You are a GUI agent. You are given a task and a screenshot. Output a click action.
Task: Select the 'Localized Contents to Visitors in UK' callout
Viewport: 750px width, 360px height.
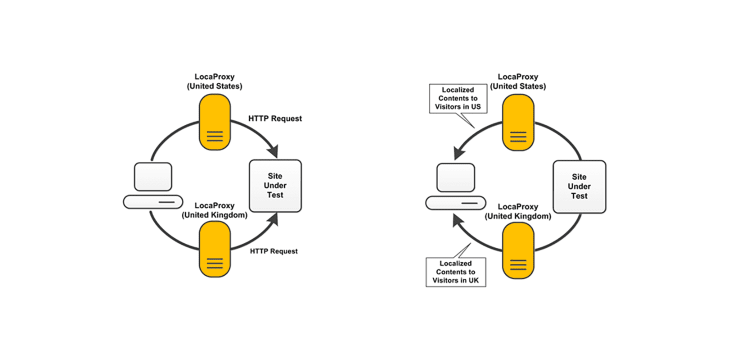click(x=455, y=271)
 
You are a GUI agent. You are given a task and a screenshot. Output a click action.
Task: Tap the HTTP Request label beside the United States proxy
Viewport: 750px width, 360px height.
click(x=275, y=118)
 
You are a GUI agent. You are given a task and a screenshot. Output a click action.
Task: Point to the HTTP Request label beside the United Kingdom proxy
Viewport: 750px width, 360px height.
click(x=273, y=251)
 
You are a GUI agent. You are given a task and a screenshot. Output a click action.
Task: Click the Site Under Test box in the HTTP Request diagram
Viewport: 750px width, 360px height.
click(x=275, y=185)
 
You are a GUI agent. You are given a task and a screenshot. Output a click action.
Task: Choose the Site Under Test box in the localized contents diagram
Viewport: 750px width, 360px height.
click(x=579, y=186)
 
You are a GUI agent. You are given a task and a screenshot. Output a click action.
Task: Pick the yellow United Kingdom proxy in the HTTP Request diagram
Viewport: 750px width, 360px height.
click(x=214, y=249)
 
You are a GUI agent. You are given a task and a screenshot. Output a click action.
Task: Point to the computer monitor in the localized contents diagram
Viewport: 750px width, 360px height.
click(x=456, y=177)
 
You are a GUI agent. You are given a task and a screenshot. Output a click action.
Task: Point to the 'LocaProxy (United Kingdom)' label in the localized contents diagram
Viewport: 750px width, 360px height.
click(x=518, y=211)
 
